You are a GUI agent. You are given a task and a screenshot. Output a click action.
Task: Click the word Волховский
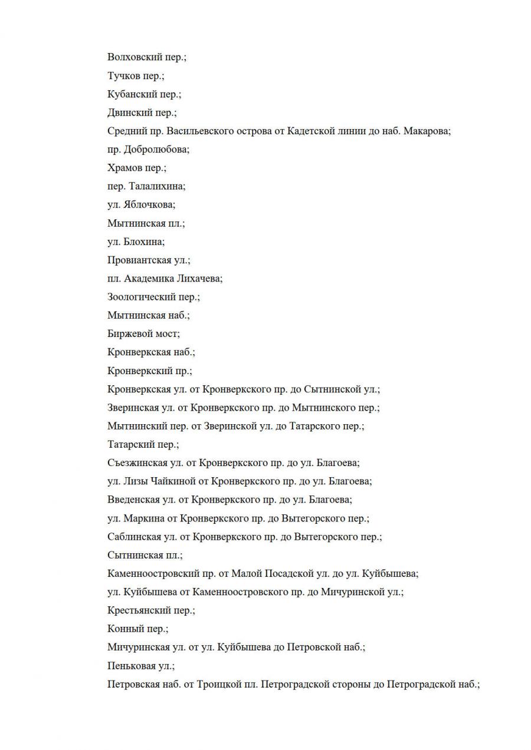[x=132, y=57]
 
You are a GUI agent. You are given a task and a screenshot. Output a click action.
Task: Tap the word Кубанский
[x=130, y=94]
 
